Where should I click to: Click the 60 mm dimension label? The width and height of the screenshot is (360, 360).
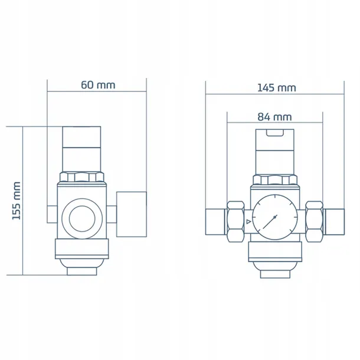click(x=98, y=85)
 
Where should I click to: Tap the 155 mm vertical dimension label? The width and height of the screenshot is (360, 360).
click(x=17, y=201)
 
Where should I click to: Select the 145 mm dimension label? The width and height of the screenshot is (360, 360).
click(x=276, y=88)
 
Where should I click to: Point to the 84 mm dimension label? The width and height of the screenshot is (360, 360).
click(x=274, y=117)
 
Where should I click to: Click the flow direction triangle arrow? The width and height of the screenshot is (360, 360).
click(x=248, y=222)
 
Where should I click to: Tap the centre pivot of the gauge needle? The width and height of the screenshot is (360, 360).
click(x=274, y=217)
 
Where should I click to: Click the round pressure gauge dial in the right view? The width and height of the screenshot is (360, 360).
click(x=275, y=217)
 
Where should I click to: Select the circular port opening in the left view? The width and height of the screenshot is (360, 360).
click(x=82, y=218)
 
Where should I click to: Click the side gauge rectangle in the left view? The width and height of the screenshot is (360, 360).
click(x=132, y=214)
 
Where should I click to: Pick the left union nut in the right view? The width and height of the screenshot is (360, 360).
click(x=235, y=221)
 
